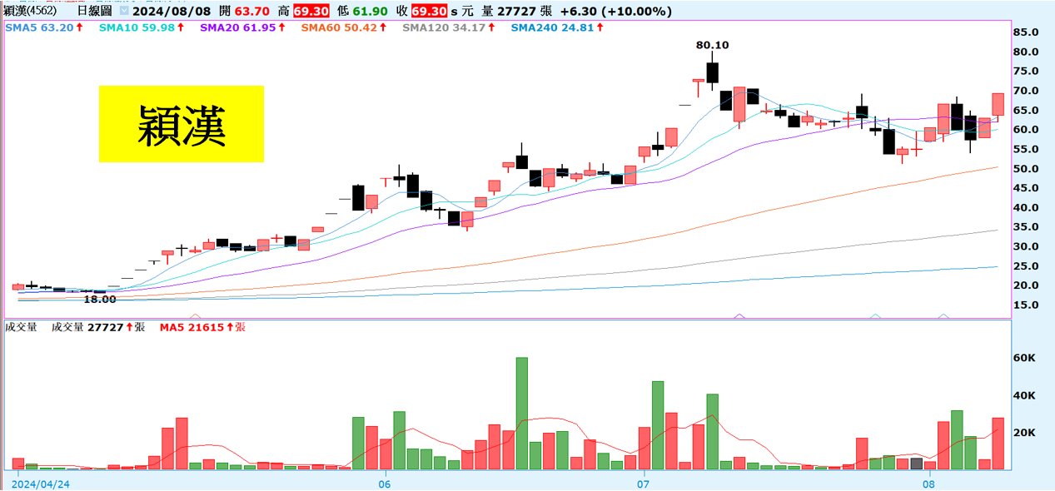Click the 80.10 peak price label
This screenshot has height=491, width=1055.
(x=712, y=45)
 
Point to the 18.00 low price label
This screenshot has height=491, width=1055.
(x=99, y=299)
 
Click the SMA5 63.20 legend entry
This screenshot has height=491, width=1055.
(x=44, y=27)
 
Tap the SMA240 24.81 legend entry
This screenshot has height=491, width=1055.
(x=557, y=27)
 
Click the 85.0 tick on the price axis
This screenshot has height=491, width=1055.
(x=1026, y=32)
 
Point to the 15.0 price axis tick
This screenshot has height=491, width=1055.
(x=1026, y=305)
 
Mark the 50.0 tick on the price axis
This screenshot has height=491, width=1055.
(x=1026, y=169)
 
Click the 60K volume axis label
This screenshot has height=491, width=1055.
(x=1023, y=358)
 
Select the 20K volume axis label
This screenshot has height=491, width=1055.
(x=1023, y=433)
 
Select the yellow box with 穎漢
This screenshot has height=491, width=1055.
(x=182, y=124)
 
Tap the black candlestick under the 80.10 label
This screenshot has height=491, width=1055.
(x=712, y=73)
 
